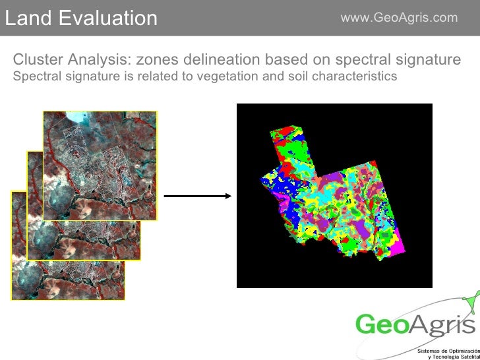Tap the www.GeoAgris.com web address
coord(398,17)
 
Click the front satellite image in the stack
coord(99,165)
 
